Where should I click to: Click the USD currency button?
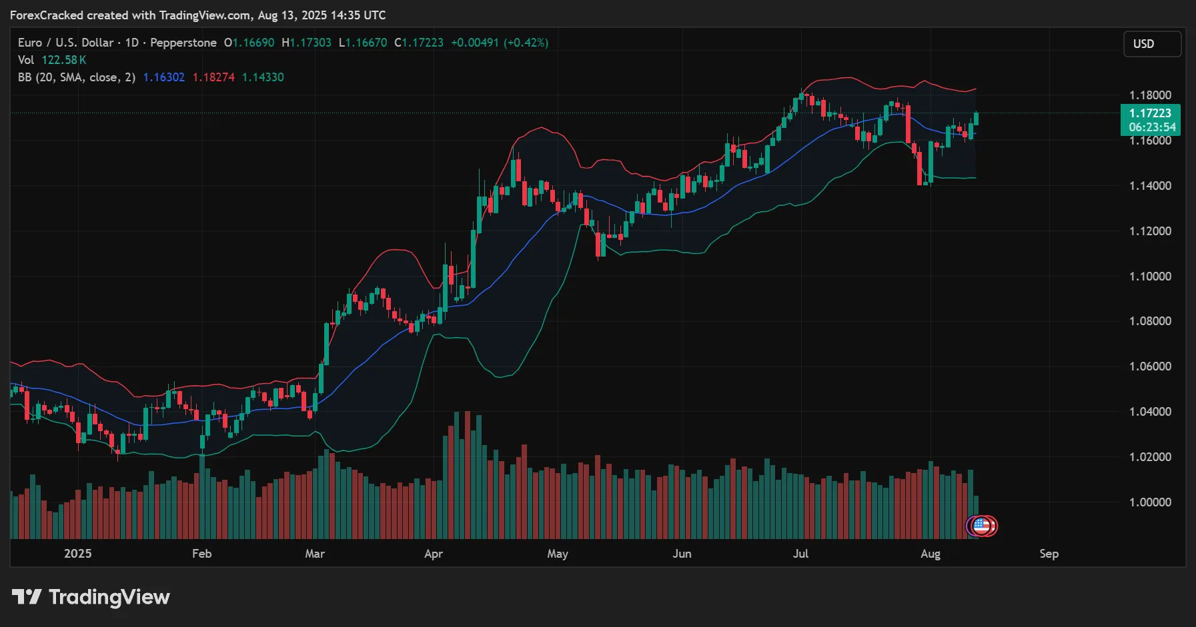[1152, 44]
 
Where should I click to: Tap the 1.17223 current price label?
[1150, 113]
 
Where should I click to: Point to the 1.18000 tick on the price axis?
[1150, 95]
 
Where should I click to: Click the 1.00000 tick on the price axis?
[1150, 502]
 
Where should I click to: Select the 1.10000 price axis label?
[1150, 277]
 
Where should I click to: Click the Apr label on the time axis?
[434, 554]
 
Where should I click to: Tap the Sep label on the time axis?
[1049, 554]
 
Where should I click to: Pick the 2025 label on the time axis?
[77, 554]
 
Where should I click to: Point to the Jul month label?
[800, 554]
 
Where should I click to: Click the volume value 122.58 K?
[64, 60]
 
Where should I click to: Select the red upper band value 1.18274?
[213, 77]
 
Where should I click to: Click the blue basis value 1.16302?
[164, 77]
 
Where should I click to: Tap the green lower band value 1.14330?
[263, 77]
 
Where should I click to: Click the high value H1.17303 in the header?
[306, 43]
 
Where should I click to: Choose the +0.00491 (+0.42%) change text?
[500, 43]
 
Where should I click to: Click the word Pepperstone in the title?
[183, 43]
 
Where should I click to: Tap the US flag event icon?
[982, 526]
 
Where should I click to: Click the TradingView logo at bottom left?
[91, 597]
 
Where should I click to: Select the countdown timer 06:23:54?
[1152, 127]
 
